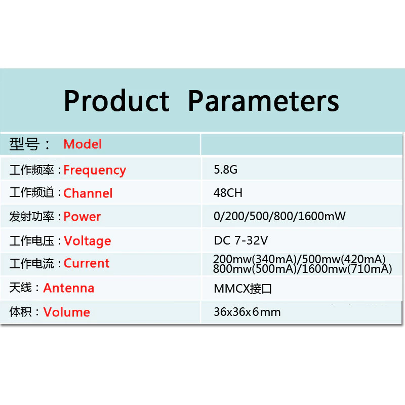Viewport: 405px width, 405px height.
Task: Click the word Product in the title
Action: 117,101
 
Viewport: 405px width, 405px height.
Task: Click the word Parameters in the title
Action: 263,101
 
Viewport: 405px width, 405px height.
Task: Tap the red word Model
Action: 83,144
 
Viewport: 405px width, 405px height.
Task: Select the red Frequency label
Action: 95,171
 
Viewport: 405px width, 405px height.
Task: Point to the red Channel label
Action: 88,193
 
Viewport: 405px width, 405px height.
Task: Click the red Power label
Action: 82,217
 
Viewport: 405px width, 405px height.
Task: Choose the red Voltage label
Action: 88,241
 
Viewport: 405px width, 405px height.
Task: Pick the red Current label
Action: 87,263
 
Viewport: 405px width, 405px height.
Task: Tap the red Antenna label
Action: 69,288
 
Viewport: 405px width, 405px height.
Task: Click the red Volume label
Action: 67,312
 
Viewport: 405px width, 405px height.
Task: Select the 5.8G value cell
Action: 225,170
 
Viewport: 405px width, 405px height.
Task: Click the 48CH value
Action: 228,193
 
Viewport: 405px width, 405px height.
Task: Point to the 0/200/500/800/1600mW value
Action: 279,216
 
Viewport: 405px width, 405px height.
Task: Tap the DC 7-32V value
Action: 241,240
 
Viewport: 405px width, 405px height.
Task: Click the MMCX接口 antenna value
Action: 243,289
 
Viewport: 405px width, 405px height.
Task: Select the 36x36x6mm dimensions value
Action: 247,312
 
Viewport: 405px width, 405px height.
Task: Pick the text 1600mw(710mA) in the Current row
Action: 347,269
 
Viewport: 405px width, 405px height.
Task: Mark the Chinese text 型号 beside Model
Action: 24,144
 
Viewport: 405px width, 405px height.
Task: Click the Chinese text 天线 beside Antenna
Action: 20,288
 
